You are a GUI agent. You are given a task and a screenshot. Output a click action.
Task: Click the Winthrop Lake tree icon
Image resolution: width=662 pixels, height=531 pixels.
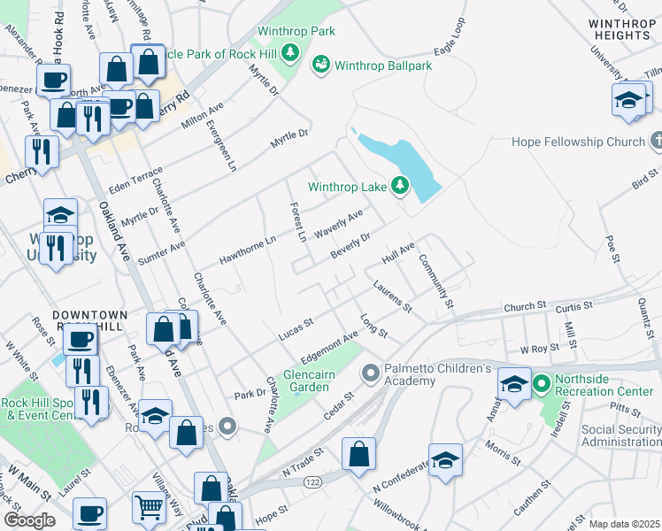click(x=401, y=186)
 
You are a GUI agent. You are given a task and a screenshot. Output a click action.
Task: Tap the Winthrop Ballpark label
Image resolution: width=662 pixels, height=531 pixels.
click(x=381, y=65)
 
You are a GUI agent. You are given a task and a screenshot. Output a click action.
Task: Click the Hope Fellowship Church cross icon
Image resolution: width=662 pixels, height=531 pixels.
click(x=656, y=142)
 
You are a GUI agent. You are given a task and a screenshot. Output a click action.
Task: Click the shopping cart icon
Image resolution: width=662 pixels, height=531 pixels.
click(x=149, y=507)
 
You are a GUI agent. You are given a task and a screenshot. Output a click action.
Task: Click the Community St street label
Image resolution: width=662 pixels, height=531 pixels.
click(x=435, y=281)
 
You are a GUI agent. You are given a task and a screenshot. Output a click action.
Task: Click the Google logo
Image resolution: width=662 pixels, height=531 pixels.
click(x=29, y=519)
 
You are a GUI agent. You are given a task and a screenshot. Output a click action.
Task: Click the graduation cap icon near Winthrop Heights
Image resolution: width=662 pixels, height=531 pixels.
click(x=627, y=99)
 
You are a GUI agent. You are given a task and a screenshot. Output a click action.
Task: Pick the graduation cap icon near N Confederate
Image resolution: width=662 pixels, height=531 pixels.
click(x=445, y=459)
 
